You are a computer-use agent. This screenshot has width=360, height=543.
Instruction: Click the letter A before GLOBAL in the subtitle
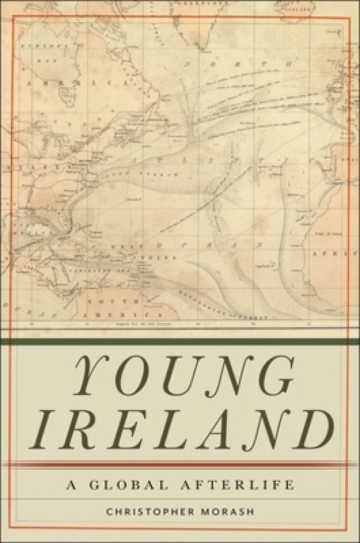69,485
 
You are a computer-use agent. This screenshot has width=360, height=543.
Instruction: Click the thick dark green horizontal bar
180,342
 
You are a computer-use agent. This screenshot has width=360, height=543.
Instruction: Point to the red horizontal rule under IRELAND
180,464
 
